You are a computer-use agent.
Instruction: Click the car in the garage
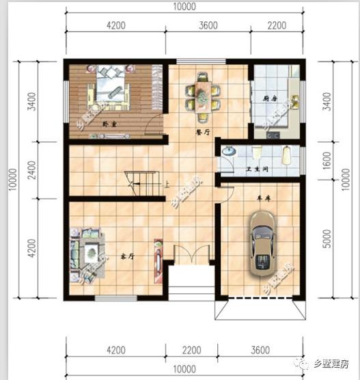262,243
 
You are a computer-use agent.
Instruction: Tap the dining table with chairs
204,92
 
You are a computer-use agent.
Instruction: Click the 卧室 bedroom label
107,124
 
